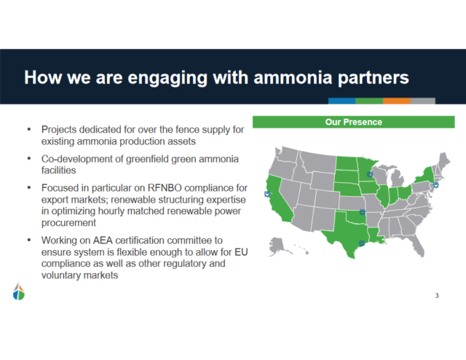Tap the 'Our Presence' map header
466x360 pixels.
point(353,122)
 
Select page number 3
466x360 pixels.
point(437,295)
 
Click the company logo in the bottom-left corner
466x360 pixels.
point(19,291)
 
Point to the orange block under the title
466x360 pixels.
point(397,101)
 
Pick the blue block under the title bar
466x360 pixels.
point(341,101)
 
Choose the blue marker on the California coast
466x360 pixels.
point(266,195)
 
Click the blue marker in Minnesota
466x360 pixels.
point(371,174)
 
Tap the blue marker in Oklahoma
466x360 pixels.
point(362,214)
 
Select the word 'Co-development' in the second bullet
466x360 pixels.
point(75,159)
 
